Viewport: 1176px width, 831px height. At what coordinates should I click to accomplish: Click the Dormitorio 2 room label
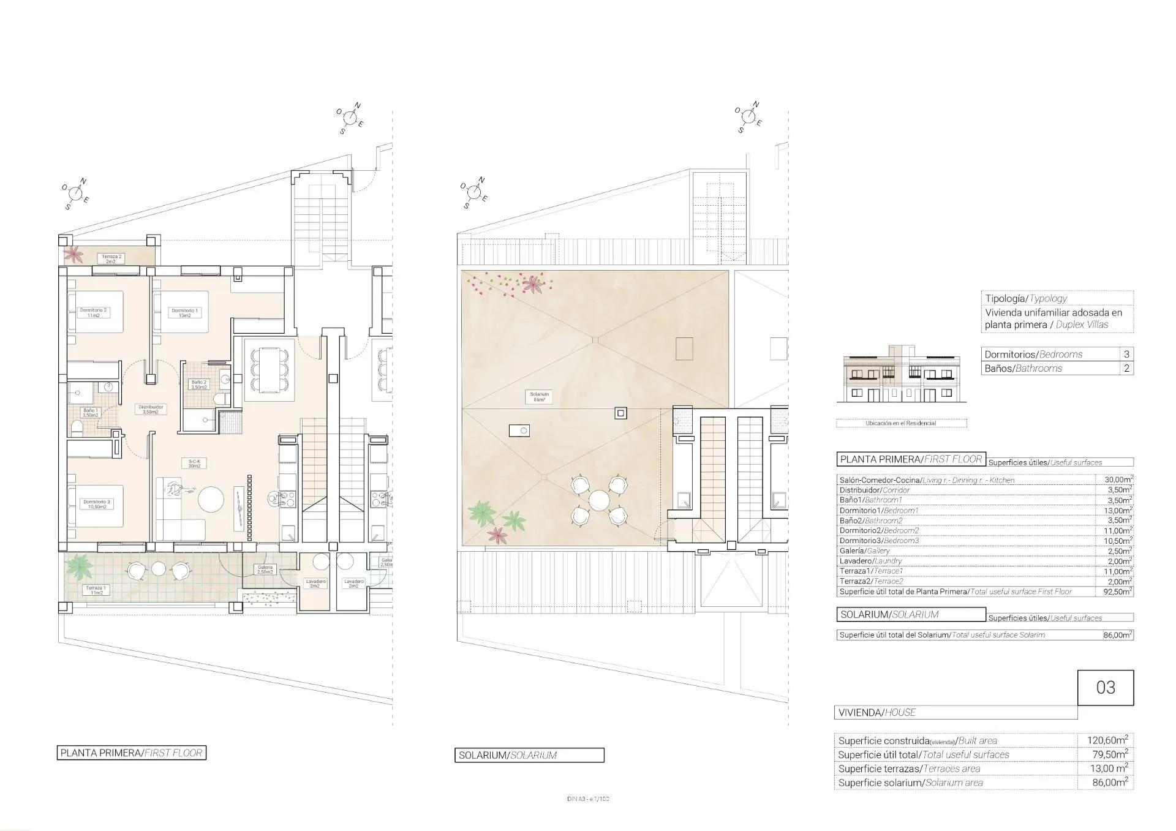93,313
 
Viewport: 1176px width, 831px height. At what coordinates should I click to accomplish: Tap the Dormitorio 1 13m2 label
184,313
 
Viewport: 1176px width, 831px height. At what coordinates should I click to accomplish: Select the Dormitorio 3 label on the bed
96,504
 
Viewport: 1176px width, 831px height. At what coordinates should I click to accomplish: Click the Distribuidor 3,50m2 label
151,409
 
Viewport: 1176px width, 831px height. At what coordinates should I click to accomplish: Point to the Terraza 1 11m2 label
96,590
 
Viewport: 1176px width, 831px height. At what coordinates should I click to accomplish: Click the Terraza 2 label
111,258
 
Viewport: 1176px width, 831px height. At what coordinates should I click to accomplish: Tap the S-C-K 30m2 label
194,464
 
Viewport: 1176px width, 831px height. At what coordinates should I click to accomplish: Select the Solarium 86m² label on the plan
540,397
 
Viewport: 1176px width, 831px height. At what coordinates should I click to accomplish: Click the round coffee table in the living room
211,499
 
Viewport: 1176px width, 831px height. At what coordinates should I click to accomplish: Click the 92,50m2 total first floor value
1114,592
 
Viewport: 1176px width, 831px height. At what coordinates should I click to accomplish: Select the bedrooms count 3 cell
1126,354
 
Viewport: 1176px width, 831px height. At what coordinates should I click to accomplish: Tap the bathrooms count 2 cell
1126,368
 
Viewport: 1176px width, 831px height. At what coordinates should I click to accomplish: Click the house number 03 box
1105,687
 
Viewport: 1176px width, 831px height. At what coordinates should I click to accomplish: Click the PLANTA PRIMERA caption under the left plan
132,753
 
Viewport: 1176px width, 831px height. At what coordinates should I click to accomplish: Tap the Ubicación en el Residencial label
900,423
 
